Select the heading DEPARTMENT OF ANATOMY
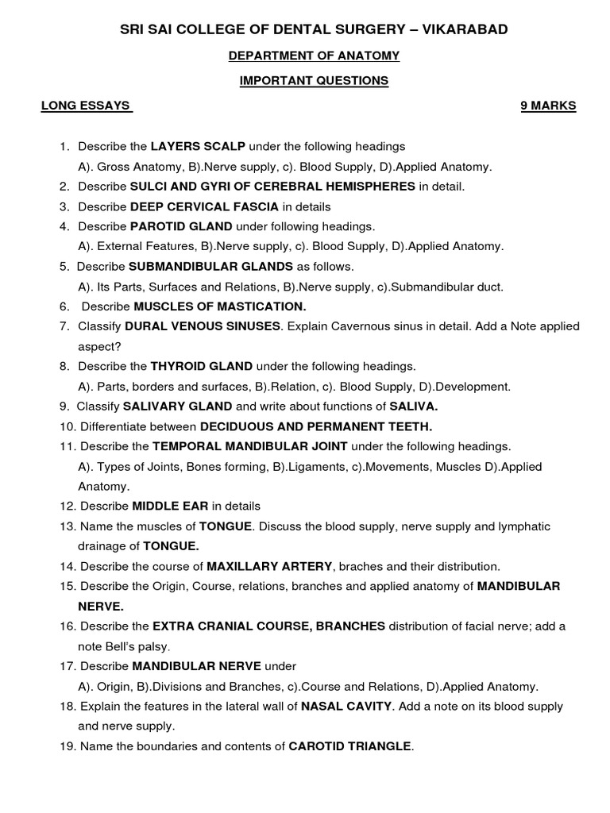coord(314,56)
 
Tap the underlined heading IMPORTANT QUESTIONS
coord(315,81)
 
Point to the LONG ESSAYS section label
coord(86,106)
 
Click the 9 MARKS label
coord(548,106)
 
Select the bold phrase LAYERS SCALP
coord(198,147)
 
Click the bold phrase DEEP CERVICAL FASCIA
coord(204,206)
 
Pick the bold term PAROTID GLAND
coord(181,226)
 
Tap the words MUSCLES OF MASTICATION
coord(219,306)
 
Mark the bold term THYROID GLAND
coord(202,367)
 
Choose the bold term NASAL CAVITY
coord(346,706)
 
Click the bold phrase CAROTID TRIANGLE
coord(349,746)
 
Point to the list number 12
coord(67,506)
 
